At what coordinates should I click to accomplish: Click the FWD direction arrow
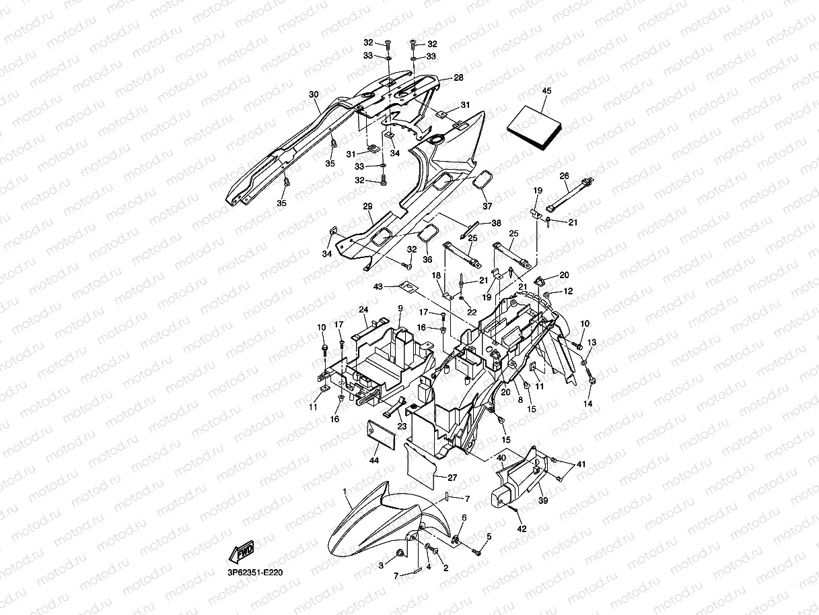pyautogui.click(x=242, y=551)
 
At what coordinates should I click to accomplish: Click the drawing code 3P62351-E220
pyautogui.click(x=256, y=573)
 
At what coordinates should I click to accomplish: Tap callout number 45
pyautogui.click(x=546, y=91)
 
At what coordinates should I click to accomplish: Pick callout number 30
pyautogui.click(x=314, y=95)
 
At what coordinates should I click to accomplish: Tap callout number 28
pyautogui.click(x=458, y=78)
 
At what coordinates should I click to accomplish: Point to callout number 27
pyautogui.click(x=452, y=478)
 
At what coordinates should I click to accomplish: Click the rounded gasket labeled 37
pyautogui.click(x=483, y=181)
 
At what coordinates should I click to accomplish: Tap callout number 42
pyautogui.click(x=522, y=529)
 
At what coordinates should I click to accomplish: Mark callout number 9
pyautogui.click(x=400, y=309)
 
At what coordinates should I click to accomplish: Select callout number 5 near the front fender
pyautogui.click(x=489, y=536)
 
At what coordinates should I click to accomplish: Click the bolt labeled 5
pyautogui.click(x=477, y=552)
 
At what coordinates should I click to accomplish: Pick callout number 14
pyautogui.click(x=587, y=403)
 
